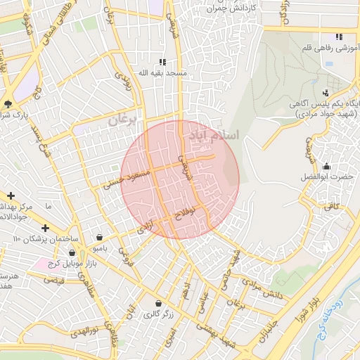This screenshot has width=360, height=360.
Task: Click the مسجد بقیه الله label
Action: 162,73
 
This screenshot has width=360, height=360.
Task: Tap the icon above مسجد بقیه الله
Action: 163,62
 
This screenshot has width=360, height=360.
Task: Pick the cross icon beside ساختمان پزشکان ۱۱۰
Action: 45,229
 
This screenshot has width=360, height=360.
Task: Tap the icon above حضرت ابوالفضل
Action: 326,166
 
